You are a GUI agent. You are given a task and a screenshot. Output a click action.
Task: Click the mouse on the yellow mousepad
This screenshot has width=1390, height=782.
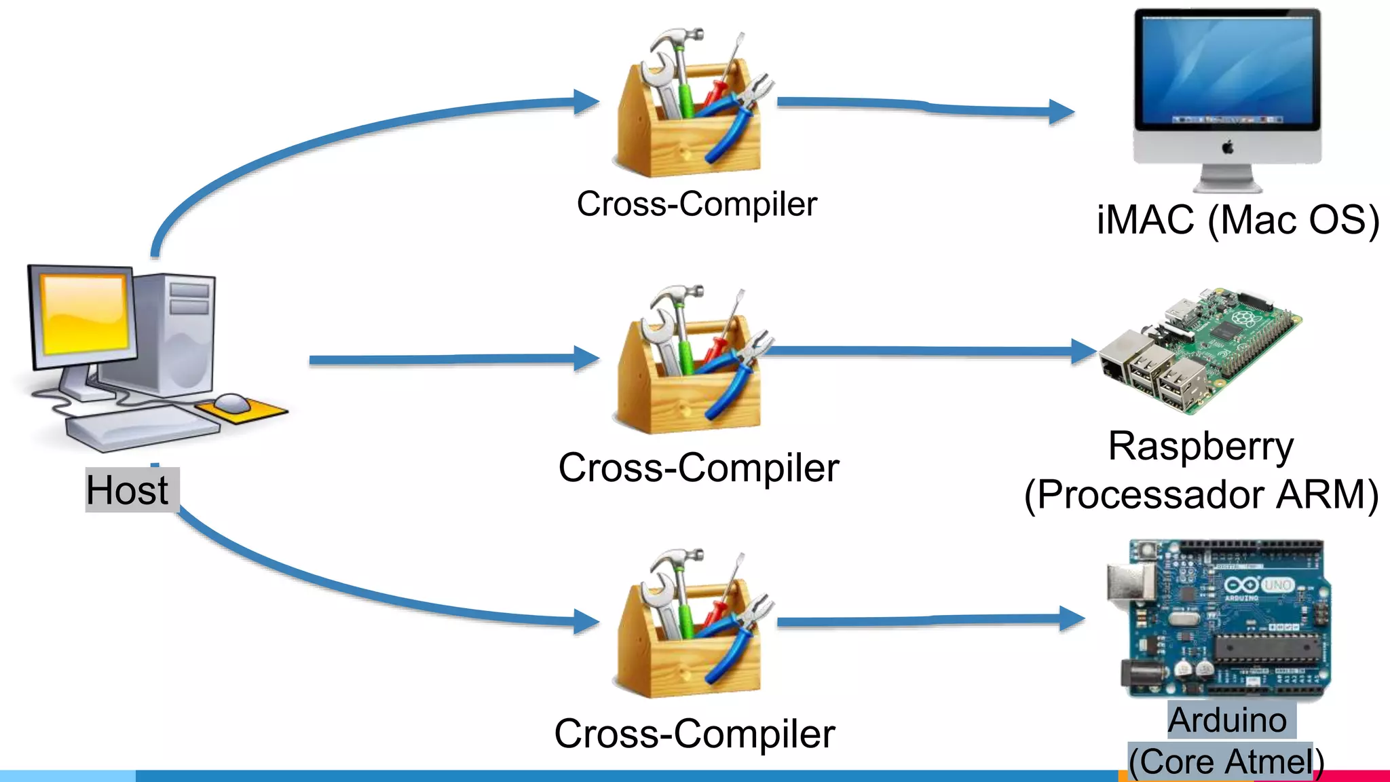click(x=233, y=403)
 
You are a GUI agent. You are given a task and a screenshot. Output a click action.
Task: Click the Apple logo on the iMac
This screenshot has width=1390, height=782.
click(x=1228, y=147)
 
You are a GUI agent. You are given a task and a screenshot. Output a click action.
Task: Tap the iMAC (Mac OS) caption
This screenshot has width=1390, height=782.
click(x=1237, y=220)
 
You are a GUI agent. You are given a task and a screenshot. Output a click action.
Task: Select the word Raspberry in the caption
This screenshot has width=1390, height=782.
click(x=1201, y=447)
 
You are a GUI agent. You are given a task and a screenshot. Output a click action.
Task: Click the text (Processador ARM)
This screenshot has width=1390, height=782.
click(x=1201, y=494)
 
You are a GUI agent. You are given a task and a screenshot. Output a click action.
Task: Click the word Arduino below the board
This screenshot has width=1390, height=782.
click(x=1227, y=720)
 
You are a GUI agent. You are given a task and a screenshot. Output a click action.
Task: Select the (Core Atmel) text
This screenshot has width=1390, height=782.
click(x=1226, y=761)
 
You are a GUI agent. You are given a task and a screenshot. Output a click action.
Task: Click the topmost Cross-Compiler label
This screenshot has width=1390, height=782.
click(x=697, y=204)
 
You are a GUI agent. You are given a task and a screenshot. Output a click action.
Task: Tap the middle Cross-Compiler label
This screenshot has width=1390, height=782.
click(x=698, y=468)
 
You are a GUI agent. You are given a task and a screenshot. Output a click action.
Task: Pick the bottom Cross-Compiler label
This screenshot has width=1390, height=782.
click(x=694, y=734)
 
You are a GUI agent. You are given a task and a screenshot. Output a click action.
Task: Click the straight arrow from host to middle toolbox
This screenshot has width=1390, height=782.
click(x=441, y=359)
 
